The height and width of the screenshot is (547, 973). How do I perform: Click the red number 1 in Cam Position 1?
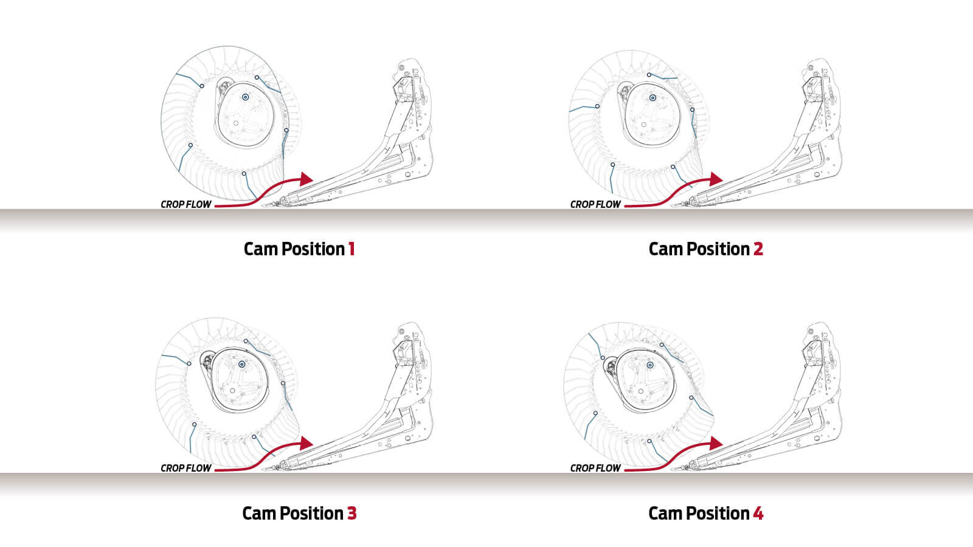point(352,249)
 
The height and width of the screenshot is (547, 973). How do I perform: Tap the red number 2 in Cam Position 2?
point(758,249)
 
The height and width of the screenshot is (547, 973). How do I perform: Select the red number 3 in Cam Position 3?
point(352,513)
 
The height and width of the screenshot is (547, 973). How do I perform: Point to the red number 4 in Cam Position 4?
point(758,513)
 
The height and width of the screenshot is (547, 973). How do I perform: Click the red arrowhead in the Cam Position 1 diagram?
point(306,179)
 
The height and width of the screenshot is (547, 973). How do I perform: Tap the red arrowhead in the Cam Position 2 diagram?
point(716,179)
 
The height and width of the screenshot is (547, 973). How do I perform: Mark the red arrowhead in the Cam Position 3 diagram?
point(306,443)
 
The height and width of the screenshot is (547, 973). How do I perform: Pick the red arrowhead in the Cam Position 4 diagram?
point(716,443)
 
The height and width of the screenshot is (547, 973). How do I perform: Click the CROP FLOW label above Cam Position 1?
point(186,204)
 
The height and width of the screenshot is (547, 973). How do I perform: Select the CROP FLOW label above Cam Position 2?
point(595,204)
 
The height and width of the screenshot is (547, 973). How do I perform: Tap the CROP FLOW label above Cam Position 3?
point(186,469)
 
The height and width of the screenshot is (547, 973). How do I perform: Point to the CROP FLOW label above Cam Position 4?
point(595,469)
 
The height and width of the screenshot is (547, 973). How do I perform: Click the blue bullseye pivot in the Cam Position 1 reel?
point(246,97)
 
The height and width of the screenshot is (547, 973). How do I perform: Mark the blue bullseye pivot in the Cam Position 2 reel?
point(653,98)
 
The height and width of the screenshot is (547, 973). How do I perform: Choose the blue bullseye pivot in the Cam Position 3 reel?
point(242,365)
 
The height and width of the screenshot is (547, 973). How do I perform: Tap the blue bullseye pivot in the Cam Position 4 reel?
point(650,365)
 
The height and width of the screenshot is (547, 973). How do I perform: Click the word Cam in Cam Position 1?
point(261,249)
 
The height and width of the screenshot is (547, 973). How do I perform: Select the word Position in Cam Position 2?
point(718,249)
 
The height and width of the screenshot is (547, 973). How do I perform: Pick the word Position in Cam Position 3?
point(311,513)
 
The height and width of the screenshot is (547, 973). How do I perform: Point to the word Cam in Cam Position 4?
point(665,513)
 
